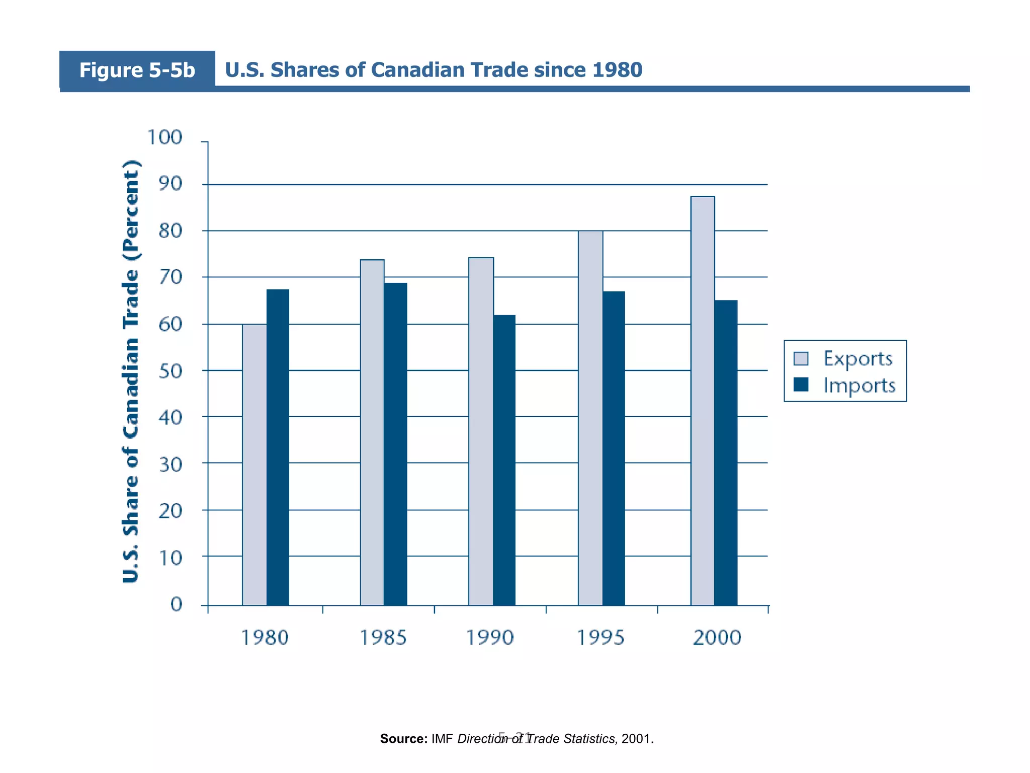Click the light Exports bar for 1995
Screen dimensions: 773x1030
tap(590, 418)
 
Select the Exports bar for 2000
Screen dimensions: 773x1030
tap(703, 401)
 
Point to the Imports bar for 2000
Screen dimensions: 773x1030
tap(726, 452)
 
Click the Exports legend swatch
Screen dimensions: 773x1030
tap(801, 358)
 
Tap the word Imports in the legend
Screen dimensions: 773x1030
tap(859, 385)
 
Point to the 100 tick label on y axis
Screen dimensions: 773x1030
tap(164, 137)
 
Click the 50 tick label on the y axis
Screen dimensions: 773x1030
tap(170, 371)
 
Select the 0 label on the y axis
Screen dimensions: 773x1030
tap(176, 604)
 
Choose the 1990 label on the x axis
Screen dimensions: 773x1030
tap(490, 638)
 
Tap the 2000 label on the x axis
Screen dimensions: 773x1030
tap(717, 638)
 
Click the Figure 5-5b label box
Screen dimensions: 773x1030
tap(137, 70)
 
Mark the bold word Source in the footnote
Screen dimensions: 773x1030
tap(403, 739)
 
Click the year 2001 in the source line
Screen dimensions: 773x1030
tap(636, 739)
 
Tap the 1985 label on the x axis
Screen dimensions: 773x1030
tap(383, 638)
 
